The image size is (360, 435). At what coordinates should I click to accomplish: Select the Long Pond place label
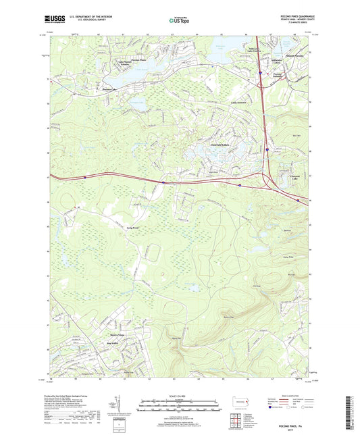click(132, 228)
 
